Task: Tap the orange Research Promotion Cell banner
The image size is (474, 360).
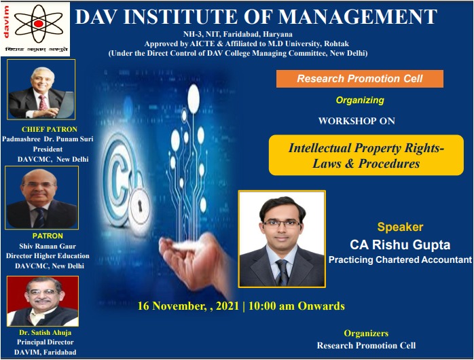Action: (x=360, y=79)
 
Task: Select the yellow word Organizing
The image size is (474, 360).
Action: (x=360, y=101)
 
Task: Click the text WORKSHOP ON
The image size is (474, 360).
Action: (x=357, y=121)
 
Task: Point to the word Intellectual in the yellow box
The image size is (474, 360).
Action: (x=320, y=148)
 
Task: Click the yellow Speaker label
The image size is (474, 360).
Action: (x=400, y=227)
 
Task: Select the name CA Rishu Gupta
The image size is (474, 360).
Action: (x=400, y=245)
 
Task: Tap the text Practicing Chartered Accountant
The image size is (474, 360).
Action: (x=400, y=259)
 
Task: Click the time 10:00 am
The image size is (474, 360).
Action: (x=271, y=306)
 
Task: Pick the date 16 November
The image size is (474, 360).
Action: (x=170, y=306)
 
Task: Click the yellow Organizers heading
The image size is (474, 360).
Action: (x=366, y=333)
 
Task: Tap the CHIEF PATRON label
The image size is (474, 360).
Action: (x=50, y=129)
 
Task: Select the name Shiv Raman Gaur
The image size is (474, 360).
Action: (x=48, y=246)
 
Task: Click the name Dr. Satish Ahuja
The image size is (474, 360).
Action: (x=45, y=333)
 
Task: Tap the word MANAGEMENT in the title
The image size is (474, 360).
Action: (x=358, y=16)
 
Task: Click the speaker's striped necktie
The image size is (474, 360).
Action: (x=282, y=272)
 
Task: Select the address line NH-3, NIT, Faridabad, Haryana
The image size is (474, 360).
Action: (x=238, y=34)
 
